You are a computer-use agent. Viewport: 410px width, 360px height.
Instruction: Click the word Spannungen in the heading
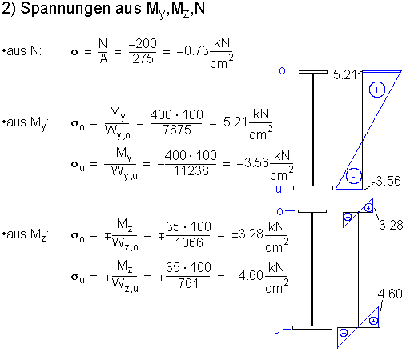(x=66, y=9)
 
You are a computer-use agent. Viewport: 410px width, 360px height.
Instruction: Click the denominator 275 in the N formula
(x=143, y=58)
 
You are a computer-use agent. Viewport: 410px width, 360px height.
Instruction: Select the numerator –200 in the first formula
(x=143, y=43)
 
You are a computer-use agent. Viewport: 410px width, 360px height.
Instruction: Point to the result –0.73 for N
(x=192, y=50)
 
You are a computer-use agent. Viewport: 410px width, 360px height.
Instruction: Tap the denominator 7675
(x=177, y=130)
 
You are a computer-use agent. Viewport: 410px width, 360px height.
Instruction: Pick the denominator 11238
(x=191, y=170)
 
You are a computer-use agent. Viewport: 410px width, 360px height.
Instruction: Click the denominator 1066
(x=189, y=242)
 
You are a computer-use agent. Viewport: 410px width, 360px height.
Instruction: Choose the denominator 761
(x=188, y=283)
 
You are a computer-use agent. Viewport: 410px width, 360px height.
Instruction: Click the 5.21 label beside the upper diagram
(x=344, y=74)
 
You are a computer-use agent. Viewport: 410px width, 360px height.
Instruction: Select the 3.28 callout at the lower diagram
(x=391, y=225)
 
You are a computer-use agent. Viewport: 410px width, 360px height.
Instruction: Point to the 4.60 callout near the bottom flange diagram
(x=390, y=294)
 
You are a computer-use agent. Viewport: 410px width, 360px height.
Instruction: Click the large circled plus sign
(x=377, y=90)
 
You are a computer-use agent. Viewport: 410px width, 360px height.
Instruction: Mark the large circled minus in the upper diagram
(x=354, y=176)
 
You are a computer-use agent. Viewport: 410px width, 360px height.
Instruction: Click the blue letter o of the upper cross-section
(x=282, y=71)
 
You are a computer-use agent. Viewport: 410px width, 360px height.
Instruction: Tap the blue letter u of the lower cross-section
(x=277, y=330)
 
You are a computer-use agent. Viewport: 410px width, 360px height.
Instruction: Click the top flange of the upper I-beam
(x=313, y=72)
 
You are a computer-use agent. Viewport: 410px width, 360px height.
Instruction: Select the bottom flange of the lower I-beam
(x=312, y=327)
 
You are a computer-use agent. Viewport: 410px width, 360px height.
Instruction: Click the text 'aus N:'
(x=24, y=50)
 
